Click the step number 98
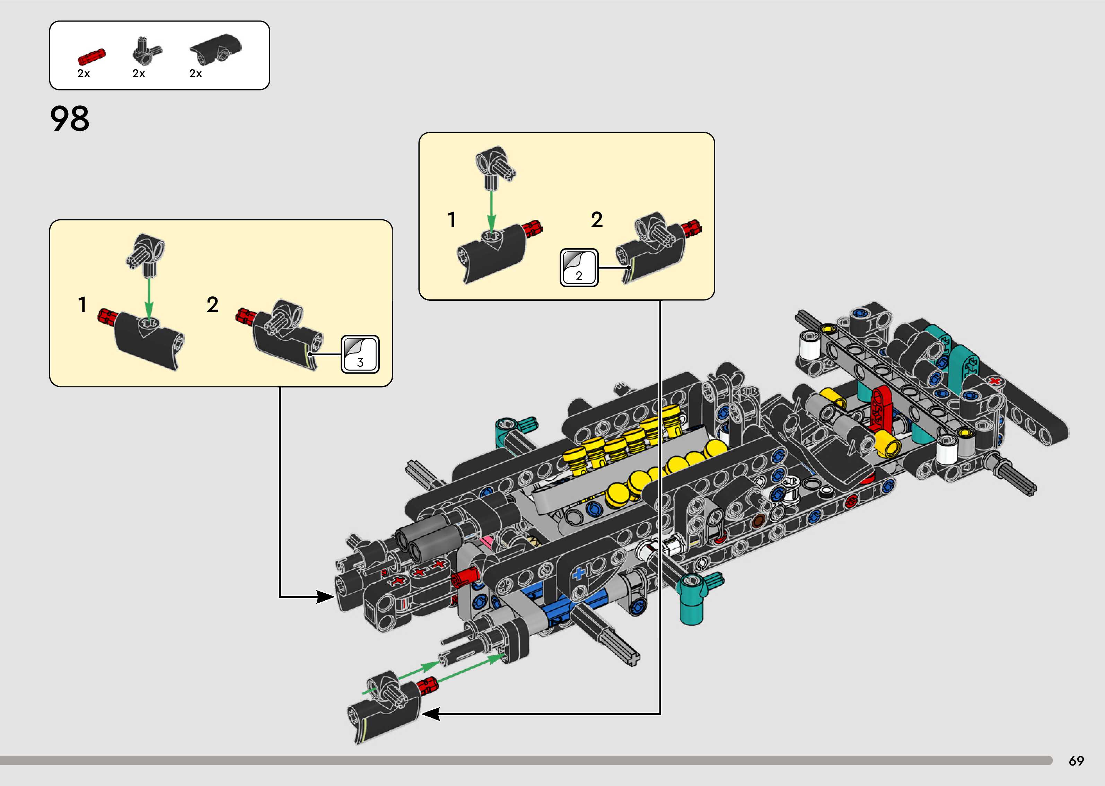click(70, 119)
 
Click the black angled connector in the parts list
click(147, 51)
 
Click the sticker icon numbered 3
click(360, 354)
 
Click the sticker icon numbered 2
click(579, 268)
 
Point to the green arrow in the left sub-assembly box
click(149, 297)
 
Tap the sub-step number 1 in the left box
click(83, 304)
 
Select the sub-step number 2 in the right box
click(597, 220)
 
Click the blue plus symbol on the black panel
click(579, 575)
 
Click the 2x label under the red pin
click(84, 73)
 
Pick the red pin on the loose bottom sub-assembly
click(427, 685)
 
